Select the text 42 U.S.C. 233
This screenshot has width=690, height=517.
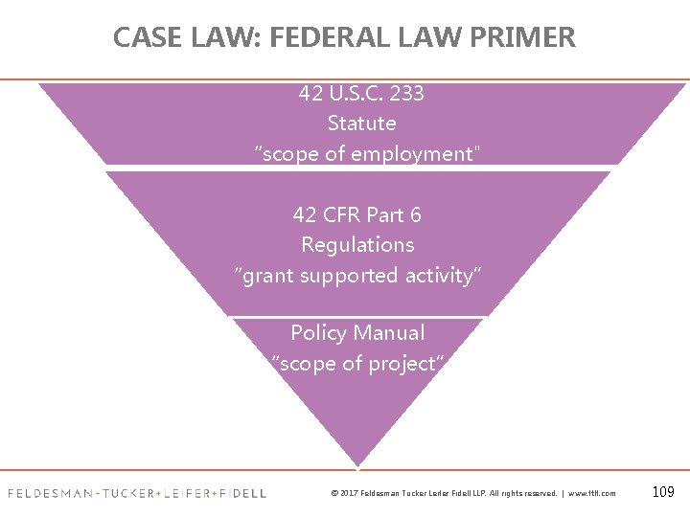(361, 93)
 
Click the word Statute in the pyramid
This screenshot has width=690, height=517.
(361, 123)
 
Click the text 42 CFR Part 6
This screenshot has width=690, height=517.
(357, 214)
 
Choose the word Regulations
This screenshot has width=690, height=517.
(357, 244)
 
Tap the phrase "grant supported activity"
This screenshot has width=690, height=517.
(357, 276)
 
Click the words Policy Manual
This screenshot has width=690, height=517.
(357, 332)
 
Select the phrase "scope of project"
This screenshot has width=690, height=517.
(358, 363)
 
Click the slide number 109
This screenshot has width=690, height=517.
(662, 492)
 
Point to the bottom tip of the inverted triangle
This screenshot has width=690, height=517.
(358, 464)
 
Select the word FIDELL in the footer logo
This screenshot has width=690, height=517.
(243, 493)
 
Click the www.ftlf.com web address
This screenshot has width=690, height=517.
(592, 493)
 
